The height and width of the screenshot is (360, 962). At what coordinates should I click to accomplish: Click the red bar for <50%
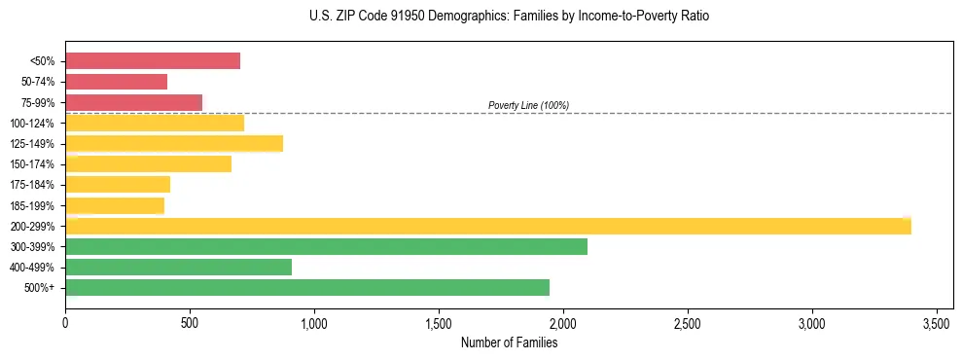click(x=153, y=61)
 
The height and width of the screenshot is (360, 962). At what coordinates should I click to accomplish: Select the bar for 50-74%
click(x=116, y=82)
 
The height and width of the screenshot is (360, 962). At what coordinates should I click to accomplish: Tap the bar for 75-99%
click(x=133, y=102)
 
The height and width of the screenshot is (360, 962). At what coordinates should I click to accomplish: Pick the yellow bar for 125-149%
click(x=174, y=144)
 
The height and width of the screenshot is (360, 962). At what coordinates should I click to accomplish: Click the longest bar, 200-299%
click(x=487, y=227)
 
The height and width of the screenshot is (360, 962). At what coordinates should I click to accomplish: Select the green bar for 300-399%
click(x=326, y=247)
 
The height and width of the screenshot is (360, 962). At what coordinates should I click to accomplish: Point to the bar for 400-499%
click(x=178, y=268)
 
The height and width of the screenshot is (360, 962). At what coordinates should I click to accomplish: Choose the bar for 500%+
click(x=307, y=288)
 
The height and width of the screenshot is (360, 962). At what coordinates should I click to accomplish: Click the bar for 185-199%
click(x=115, y=206)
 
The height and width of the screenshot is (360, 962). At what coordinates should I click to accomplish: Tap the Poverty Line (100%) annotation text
click(x=528, y=105)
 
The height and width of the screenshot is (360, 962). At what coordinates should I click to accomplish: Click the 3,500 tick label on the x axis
click(x=937, y=322)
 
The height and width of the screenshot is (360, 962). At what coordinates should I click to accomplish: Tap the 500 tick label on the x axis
click(x=190, y=322)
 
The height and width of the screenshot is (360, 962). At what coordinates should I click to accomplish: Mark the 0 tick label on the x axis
click(x=65, y=322)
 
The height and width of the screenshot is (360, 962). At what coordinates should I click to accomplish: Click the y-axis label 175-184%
click(x=33, y=185)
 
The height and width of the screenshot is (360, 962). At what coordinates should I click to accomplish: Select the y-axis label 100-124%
click(x=33, y=124)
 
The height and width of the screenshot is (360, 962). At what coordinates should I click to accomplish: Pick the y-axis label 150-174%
click(x=33, y=164)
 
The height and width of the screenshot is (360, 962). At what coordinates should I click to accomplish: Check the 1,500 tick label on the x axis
click(x=439, y=322)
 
